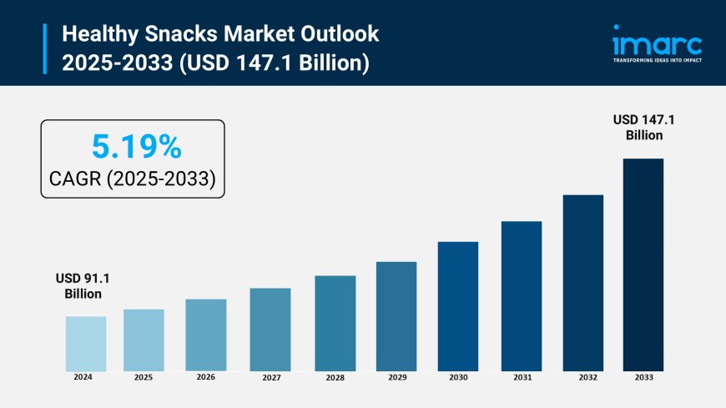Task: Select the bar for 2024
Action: [x=86, y=344]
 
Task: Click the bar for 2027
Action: [x=270, y=330]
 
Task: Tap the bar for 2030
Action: [x=458, y=306]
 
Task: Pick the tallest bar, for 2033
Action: [x=643, y=264]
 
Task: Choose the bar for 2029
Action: [x=396, y=316]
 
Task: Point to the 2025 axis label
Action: [x=144, y=377]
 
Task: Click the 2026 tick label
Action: [x=206, y=377]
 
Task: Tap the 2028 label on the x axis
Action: [x=335, y=377]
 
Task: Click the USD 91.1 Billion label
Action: [x=83, y=286]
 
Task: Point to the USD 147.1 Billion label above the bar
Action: [x=643, y=128]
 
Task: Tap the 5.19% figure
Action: [x=134, y=147]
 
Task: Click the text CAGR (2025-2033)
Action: [x=134, y=179]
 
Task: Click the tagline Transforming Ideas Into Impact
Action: [x=657, y=60]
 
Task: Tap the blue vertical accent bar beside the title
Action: [x=44, y=48]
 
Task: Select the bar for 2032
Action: [x=583, y=283]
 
